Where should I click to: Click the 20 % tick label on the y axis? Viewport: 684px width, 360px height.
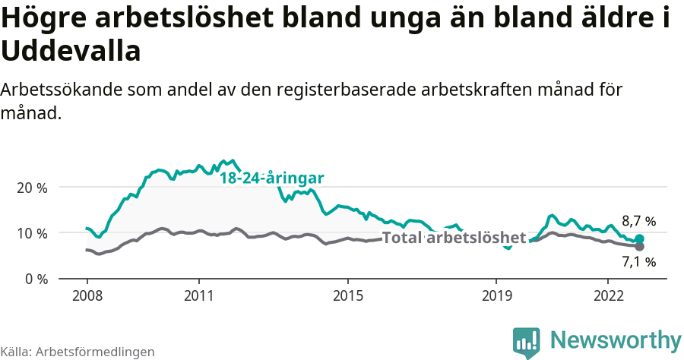coord(30,188)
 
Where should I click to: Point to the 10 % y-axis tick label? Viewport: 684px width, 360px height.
coord(30,233)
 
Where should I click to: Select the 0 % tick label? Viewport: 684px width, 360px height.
coord(34,279)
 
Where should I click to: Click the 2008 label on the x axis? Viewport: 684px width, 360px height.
coord(87,295)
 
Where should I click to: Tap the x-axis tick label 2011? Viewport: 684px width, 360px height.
coord(198,295)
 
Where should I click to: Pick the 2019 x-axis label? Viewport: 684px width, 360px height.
coord(496,295)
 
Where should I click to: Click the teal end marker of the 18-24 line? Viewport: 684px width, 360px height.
coord(639,239)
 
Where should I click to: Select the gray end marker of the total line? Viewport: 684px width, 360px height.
coord(639,247)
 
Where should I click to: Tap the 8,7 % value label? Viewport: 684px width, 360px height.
coord(638,222)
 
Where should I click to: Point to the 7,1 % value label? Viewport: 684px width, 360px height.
coord(638,263)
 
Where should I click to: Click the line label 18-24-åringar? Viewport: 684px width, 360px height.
coord(272,178)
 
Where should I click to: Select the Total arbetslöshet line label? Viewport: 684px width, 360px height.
coord(454,238)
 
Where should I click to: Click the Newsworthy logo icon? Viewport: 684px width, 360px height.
coord(526,343)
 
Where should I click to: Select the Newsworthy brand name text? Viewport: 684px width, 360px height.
coord(616,340)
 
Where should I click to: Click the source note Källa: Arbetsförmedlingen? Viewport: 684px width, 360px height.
coord(78,352)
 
